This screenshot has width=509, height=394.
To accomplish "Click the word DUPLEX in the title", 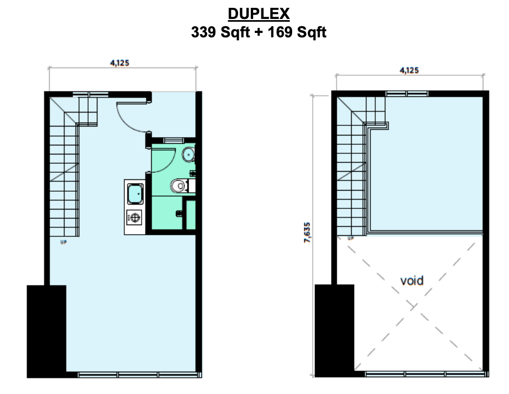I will click(x=258, y=14).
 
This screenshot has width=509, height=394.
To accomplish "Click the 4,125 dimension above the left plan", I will click(x=119, y=63).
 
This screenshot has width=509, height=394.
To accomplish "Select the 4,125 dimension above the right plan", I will click(x=409, y=70).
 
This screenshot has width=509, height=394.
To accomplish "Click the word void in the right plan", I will click(x=412, y=280).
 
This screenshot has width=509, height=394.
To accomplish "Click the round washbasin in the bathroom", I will click(x=189, y=154).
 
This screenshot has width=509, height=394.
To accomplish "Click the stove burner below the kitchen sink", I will click(x=134, y=217).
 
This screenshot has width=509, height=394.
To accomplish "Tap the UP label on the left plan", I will click(x=63, y=242).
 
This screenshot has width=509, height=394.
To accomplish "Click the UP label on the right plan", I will click(x=351, y=238).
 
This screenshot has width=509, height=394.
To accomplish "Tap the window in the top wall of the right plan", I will click(x=407, y=94).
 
